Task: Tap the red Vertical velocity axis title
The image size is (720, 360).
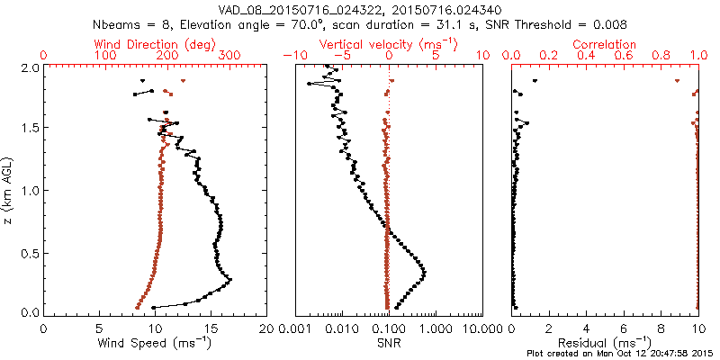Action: pyautogui.click(x=388, y=44)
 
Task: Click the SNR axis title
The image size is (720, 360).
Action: pyautogui.click(x=388, y=343)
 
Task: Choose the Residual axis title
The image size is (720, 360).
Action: pyautogui.click(x=605, y=343)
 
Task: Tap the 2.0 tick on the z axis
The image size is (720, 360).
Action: pyautogui.click(x=29, y=67)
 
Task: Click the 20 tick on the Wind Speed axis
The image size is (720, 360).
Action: pyautogui.click(x=265, y=328)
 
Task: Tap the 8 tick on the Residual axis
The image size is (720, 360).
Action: pyautogui.click(x=661, y=328)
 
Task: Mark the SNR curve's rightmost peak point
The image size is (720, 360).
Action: pyautogui.click(x=424, y=272)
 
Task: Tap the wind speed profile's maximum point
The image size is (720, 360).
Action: pyautogui.click(x=230, y=281)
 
